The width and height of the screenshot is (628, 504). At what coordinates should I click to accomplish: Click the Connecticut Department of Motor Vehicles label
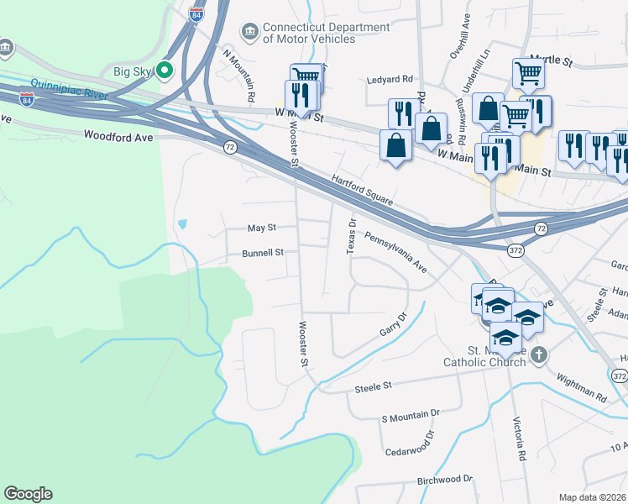(326, 33)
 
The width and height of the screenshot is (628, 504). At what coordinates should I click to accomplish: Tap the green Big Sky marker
(165, 71)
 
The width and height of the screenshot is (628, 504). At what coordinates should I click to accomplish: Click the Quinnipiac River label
(69, 88)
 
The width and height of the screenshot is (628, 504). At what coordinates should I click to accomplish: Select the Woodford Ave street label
(118, 135)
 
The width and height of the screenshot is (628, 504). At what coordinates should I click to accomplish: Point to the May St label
(260, 228)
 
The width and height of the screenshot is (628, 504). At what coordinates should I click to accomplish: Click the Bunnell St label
(263, 252)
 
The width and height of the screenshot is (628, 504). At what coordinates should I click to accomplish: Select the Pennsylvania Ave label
(396, 255)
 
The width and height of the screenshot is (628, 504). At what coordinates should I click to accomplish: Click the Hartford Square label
(362, 191)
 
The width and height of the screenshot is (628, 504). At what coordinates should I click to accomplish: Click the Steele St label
(373, 386)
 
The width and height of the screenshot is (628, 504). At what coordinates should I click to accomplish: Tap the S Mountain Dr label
(411, 415)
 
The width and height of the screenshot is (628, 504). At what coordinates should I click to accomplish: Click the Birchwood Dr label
(445, 480)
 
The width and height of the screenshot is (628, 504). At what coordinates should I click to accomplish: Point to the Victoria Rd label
(521, 444)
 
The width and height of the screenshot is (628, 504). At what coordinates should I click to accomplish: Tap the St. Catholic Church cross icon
(538, 355)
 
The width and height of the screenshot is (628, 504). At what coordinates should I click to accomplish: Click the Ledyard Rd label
(390, 80)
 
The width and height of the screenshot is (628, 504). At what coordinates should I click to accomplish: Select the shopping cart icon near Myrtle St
(528, 73)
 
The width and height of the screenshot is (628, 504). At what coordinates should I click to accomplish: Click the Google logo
(28, 494)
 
